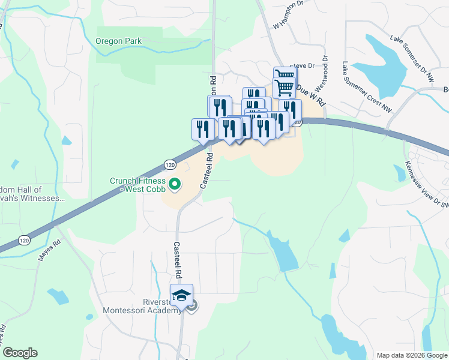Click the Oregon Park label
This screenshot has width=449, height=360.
click(118, 41)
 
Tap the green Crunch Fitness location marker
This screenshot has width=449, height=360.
click(175, 184)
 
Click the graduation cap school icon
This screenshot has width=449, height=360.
click(181, 295)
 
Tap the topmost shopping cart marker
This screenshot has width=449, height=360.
click(285, 75)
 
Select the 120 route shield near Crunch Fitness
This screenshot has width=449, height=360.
click(170, 164)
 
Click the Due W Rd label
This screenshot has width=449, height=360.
click(310, 92)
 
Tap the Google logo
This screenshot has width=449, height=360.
click(20, 353)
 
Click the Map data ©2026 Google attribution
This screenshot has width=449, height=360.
click(411, 355)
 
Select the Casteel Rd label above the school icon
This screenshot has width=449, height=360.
click(178, 259)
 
